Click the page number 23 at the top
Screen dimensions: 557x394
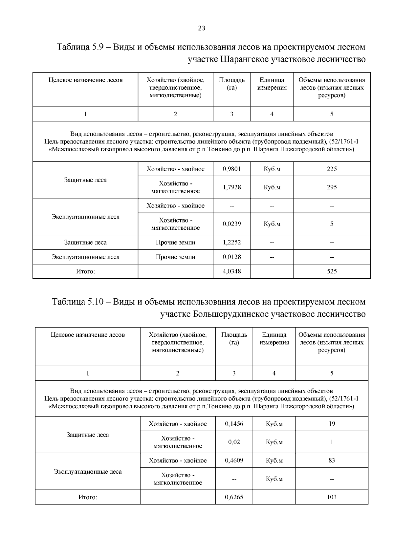202,28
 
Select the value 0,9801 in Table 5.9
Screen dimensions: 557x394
231,169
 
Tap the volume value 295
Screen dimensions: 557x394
332,187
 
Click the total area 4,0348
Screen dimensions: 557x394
231,271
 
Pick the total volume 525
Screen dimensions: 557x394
332,271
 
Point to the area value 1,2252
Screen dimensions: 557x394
231,243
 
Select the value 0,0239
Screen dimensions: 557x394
231,224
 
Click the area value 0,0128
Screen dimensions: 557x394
231,257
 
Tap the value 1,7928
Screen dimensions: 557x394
231,187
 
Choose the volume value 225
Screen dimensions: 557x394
332,169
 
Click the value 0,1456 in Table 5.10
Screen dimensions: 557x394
234,424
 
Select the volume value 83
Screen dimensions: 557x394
332,461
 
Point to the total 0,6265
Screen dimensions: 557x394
234,497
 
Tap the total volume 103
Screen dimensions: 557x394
332,497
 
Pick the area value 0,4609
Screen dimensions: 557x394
234,461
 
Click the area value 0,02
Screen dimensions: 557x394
234,442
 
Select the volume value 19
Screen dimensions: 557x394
332,424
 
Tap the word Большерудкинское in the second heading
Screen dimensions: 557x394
231,314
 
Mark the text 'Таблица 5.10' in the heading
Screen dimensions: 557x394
78,302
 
